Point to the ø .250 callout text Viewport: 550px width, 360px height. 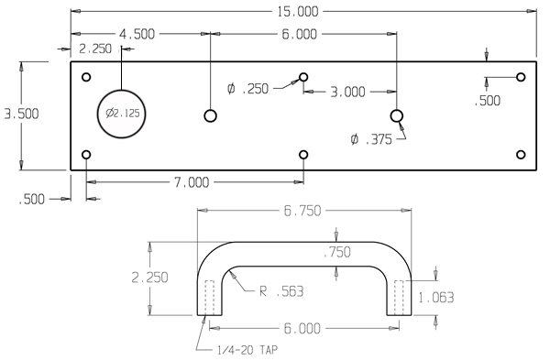[x=248, y=88]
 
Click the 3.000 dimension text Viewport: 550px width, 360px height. [x=348, y=91]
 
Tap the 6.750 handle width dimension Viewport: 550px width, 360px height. [x=303, y=210]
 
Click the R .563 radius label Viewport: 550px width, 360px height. [x=280, y=292]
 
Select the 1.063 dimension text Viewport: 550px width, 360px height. [x=436, y=297]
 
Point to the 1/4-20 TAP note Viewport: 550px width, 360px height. [x=238, y=347]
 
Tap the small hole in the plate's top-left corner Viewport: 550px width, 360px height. [x=86, y=77]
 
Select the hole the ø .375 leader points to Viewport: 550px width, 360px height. [x=396, y=115]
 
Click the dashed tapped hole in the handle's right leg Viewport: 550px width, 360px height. [x=400, y=297]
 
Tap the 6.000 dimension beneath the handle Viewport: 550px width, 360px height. [x=303, y=327]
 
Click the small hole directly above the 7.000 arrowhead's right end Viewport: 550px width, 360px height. [x=303, y=155]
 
